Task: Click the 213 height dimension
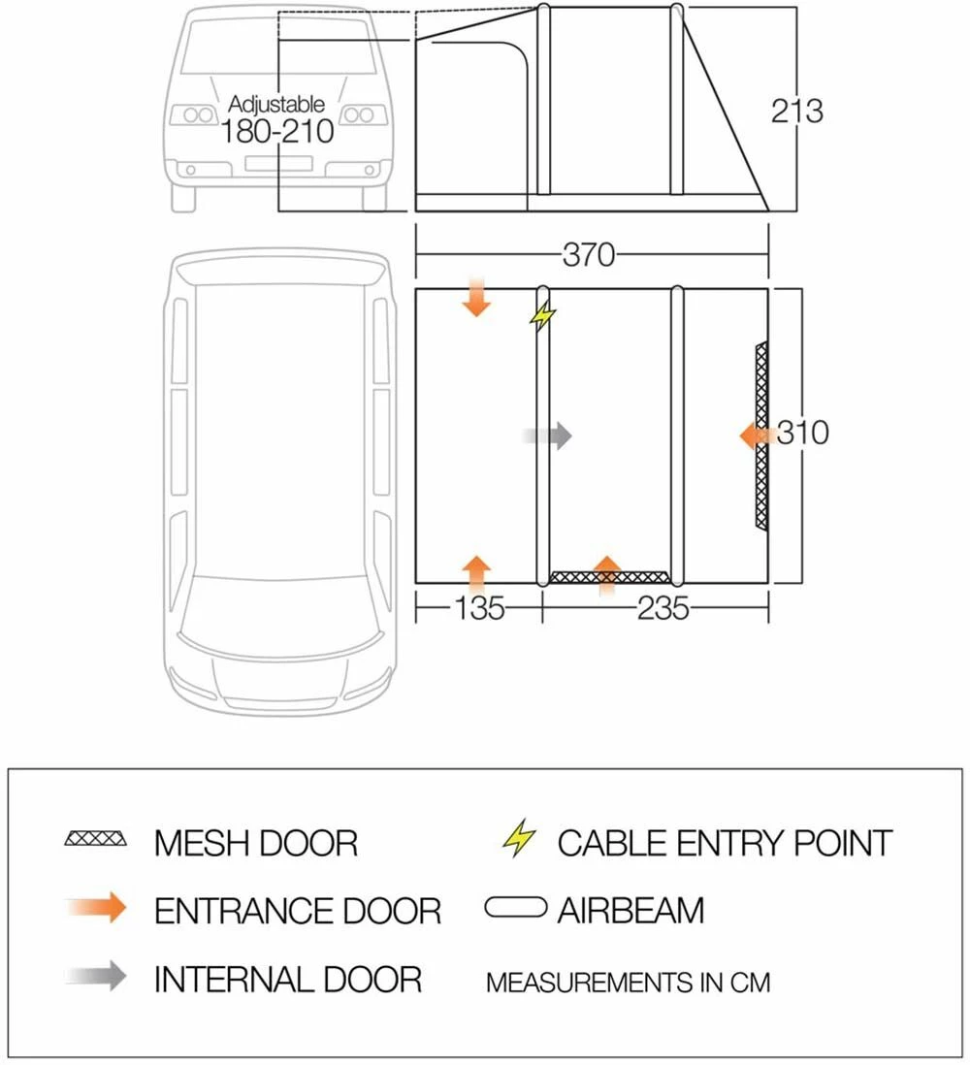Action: click(x=796, y=111)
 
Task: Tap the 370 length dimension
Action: click(x=589, y=254)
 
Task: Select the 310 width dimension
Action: click(x=802, y=432)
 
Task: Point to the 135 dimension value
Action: click(x=479, y=608)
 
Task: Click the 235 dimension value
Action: click(x=663, y=608)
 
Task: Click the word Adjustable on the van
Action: click(x=276, y=104)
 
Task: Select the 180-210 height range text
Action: click(x=277, y=132)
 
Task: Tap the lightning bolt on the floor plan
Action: click(x=544, y=314)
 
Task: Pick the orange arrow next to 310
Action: click(x=756, y=436)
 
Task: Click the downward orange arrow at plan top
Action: click(x=476, y=298)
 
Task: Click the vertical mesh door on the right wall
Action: click(x=761, y=436)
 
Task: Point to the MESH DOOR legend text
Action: click(x=255, y=843)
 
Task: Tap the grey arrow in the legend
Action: click(x=98, y=976)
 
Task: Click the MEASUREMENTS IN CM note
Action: click(x=628, y=983)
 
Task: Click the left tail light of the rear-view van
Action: click(x=193, y=115)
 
